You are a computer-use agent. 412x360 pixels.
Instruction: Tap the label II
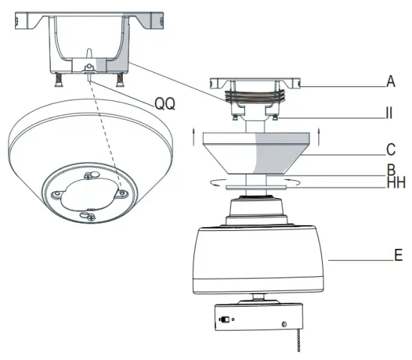point(389,115)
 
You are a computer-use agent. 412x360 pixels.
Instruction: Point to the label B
point(390,169)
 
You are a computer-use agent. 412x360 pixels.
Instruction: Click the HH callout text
point(391,183)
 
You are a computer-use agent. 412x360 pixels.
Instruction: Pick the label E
point(398,255)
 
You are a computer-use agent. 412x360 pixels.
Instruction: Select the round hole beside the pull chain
point(285,324)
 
